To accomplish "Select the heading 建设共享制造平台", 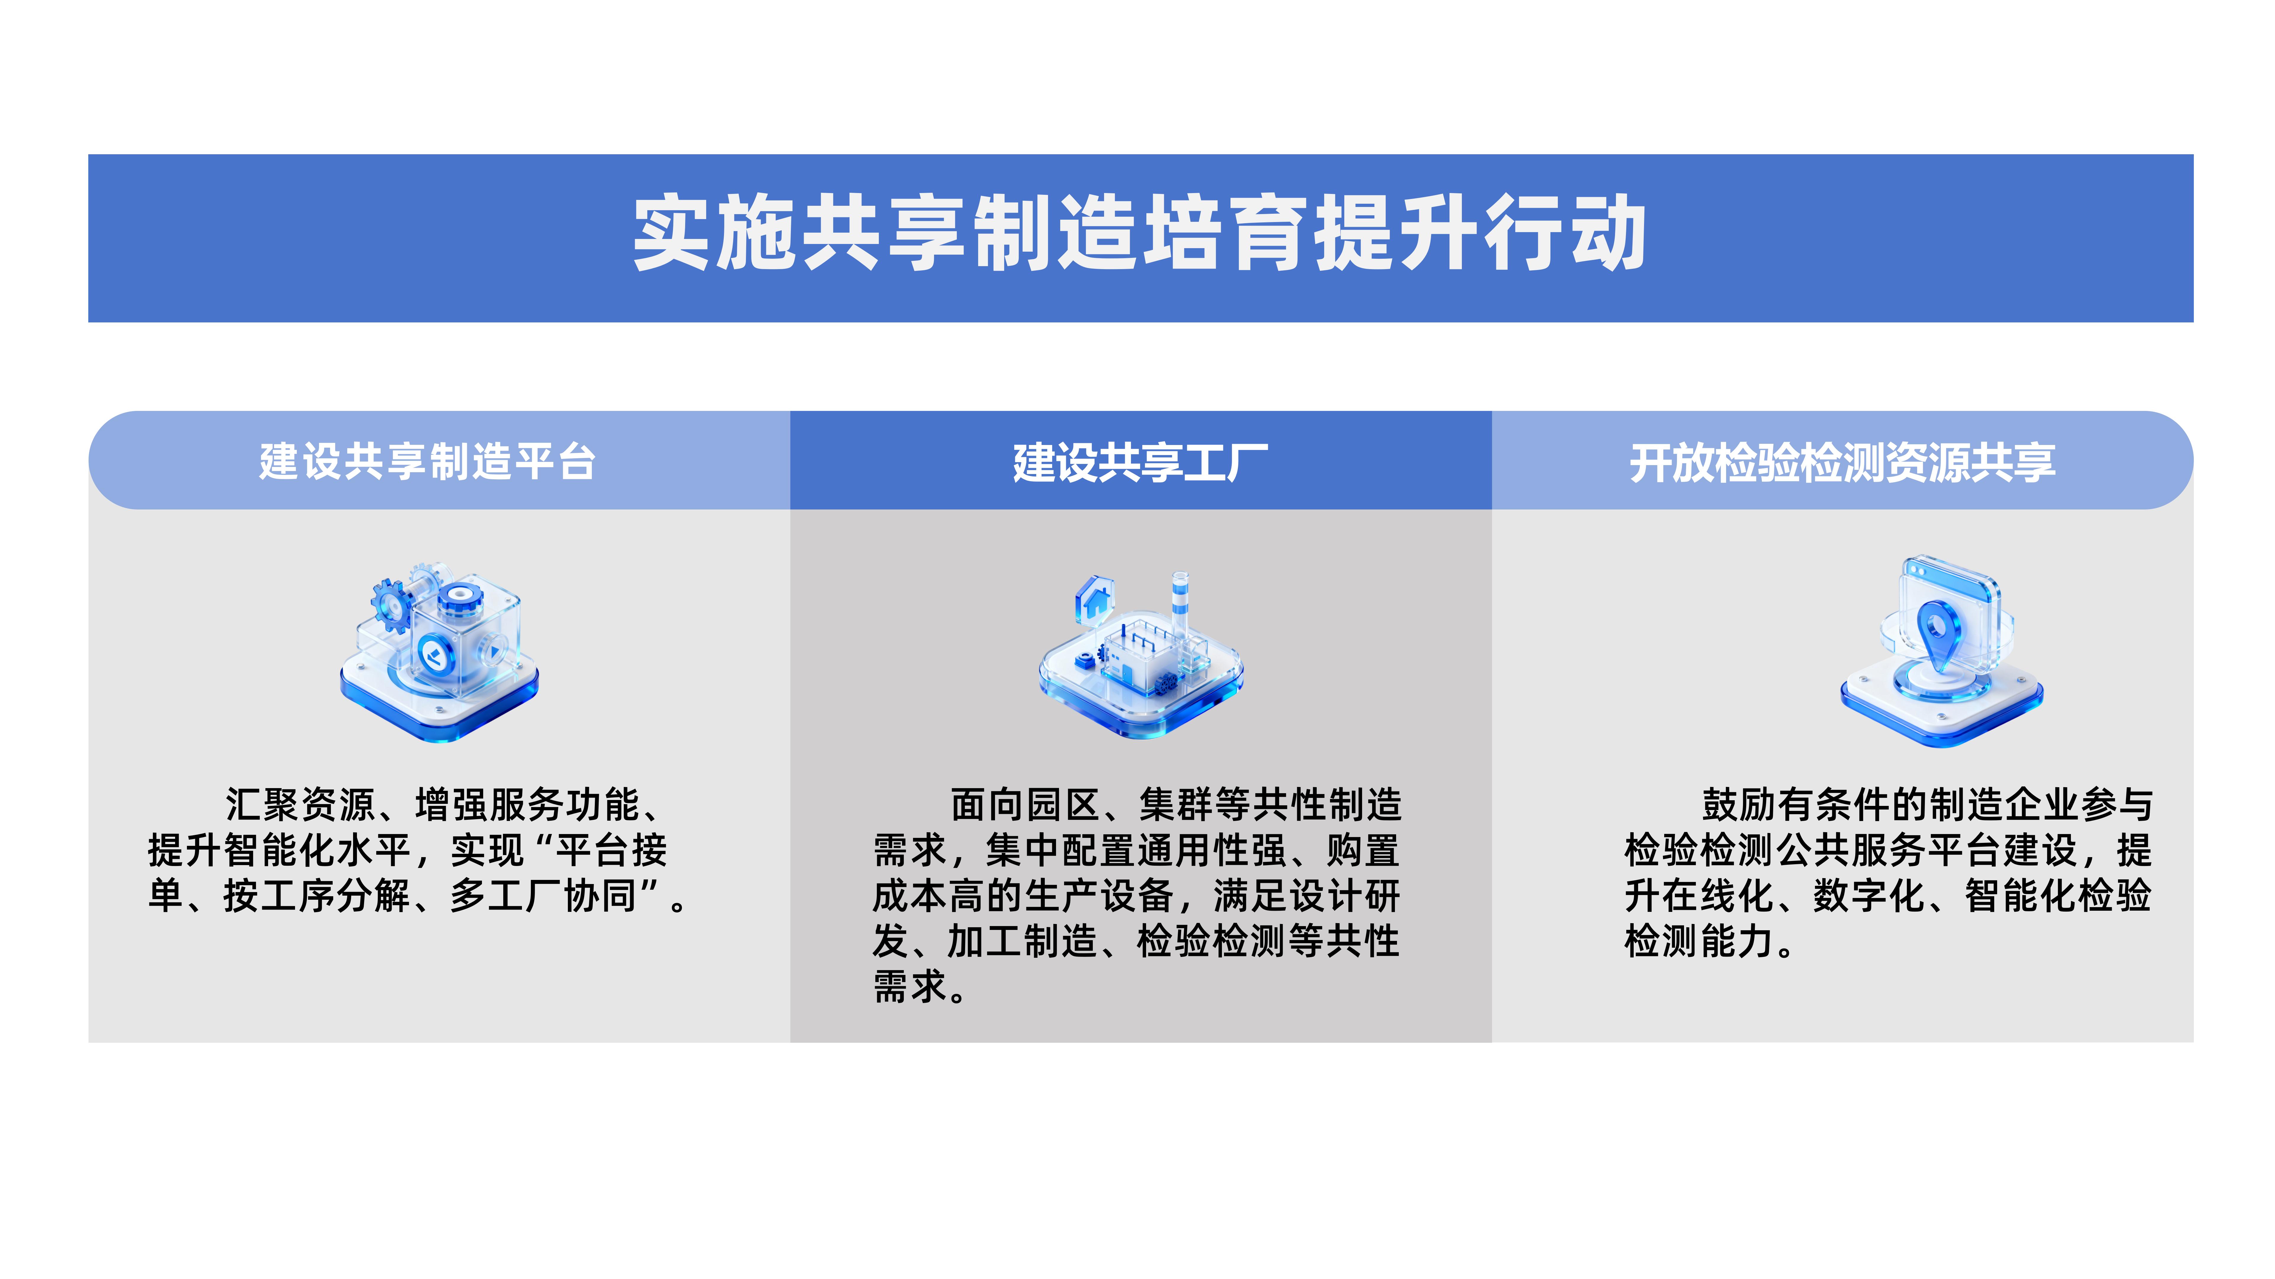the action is tap(427, 462).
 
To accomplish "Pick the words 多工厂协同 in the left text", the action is tap(543, 896).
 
